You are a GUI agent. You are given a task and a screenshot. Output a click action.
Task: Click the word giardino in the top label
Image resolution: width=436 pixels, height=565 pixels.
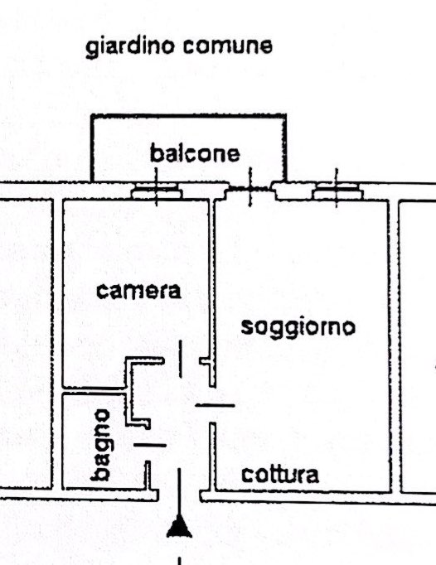point(130,47)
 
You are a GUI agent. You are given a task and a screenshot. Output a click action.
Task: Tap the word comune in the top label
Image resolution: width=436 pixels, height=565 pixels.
point(228,46)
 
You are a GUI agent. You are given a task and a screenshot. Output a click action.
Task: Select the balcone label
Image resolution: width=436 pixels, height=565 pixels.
point(195,153)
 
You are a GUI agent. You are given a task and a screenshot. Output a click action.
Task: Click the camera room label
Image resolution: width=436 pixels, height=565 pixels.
point(138,291)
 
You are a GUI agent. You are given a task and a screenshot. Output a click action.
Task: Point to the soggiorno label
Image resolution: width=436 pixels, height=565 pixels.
point(298,328)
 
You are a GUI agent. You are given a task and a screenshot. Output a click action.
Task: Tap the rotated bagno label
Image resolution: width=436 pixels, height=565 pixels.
point(100,445)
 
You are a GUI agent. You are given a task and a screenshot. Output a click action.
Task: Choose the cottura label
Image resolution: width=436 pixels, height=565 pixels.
point(280,475)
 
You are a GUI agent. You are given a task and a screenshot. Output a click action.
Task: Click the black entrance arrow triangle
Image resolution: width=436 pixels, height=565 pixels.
point(179,526)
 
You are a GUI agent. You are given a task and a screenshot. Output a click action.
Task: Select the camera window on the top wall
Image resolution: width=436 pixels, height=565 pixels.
point(157,191)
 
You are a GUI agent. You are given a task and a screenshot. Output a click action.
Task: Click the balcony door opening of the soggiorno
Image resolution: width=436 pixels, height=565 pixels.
point(250,188)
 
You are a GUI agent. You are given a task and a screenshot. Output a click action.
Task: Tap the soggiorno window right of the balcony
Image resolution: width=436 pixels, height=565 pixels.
point(337,191)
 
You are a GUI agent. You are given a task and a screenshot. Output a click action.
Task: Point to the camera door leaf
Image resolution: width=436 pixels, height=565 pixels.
point(181,360)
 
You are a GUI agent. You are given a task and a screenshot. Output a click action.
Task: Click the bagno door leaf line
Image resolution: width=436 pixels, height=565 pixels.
point(150,446)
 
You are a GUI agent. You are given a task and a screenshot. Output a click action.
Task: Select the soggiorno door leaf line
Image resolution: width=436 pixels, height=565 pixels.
point(215,406)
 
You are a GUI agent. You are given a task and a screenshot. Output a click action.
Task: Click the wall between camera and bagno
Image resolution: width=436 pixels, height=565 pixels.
point(94,390)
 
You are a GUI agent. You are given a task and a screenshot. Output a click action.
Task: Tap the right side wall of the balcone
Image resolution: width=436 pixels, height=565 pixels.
point(285,148)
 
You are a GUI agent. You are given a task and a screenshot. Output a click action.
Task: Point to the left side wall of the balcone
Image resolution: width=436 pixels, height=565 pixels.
point(92,148)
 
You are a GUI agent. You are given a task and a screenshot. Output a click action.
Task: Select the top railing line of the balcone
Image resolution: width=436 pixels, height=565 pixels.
point(188,116)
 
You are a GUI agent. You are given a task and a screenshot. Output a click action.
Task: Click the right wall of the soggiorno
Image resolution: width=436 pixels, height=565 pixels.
point(390,346)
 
